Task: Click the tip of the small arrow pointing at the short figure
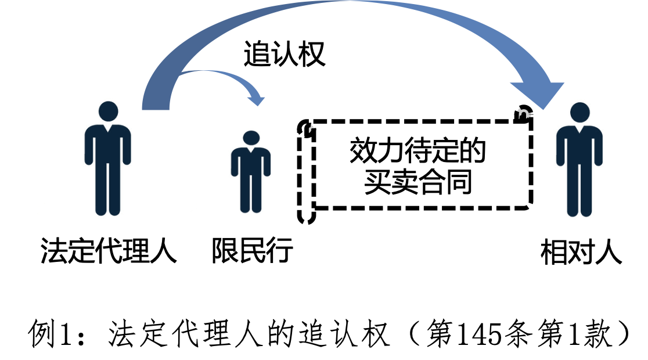tap(259, 106)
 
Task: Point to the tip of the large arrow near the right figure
tap(543, 110)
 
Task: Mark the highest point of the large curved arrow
tap(351, 1)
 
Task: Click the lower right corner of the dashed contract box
tap(530, 206)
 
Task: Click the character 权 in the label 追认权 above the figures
tap(312, 54)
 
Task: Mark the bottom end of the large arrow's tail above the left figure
tap(156, 110)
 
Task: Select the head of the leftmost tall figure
tap(108, 111)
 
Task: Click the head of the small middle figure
tap(251, 138)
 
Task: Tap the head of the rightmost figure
tap(579, 112)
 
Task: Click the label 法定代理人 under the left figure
tap(108, 250)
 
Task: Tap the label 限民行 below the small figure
tap(253, 250)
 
